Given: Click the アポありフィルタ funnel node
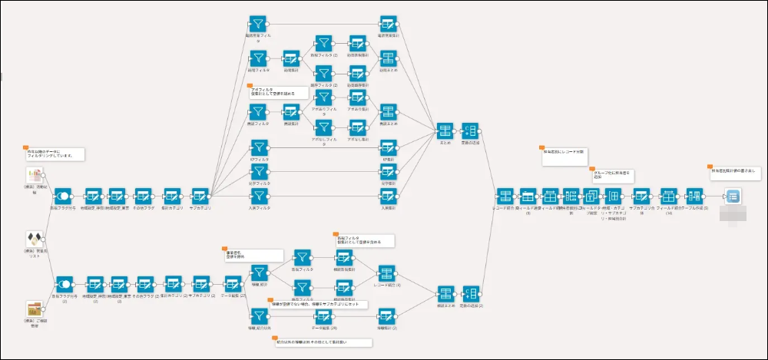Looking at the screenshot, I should pyautogui.click(x=325, y=97).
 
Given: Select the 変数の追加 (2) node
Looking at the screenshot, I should pyautogui.click(x=472, y=294).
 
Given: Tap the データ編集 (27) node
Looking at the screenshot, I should pyautogui.click(x=233, y=282).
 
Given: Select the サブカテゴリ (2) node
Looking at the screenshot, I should pyautogui.click(x=200, y=282).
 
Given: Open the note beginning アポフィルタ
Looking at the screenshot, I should pyautogui.click(x=276, y=92).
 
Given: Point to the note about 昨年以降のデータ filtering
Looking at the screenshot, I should pyautogui.click(x=54, y=154).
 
